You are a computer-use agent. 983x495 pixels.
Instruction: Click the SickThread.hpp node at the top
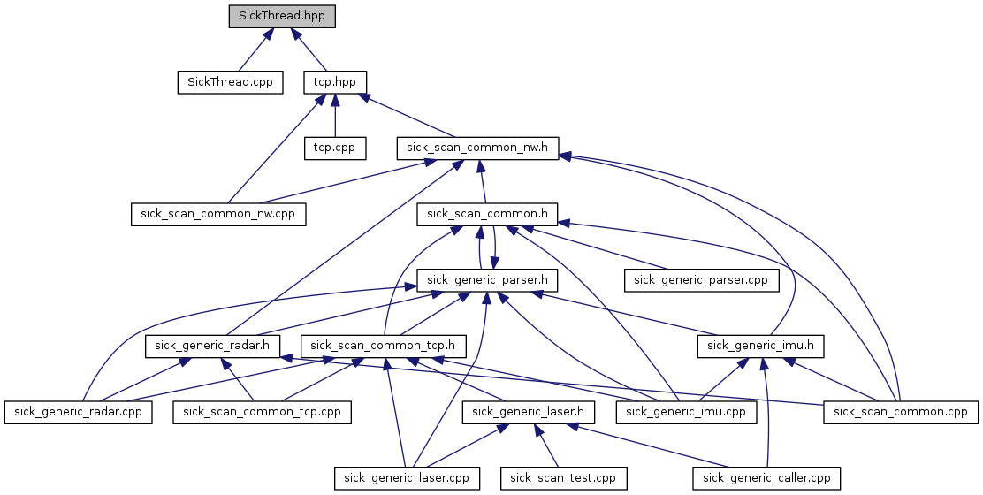point(282,16)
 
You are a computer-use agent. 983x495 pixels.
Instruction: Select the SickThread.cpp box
point(230,82)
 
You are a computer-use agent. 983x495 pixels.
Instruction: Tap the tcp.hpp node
point(334,82)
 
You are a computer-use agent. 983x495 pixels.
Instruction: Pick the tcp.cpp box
point(334,148)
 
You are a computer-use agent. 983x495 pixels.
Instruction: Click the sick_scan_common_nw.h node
point(478,148)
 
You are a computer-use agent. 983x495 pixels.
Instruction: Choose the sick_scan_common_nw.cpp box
point(217,214)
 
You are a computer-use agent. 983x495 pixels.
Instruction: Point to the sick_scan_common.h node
point(488,214)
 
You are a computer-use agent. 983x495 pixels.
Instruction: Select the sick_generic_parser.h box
point(488,280)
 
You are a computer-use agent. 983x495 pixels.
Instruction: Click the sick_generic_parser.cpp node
point(702,280)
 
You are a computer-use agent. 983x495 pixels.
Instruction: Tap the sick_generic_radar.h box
point(213,346)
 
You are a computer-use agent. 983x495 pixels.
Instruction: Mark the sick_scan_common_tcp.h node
point(383,346)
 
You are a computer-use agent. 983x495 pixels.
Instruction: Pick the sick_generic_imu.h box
point(760,346)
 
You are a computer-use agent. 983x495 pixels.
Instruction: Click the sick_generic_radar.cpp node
point(78,412)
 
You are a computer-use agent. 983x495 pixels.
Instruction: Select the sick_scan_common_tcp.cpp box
point(261,412)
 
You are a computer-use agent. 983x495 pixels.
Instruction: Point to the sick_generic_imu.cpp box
point(686,412)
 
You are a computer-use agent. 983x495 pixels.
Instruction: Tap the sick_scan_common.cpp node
point(901,412)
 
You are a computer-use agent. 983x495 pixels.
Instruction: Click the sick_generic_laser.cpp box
point(407,478)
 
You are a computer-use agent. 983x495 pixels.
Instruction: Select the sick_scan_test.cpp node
point(563,478)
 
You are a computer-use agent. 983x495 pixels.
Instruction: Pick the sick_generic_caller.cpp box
point(766,478)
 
